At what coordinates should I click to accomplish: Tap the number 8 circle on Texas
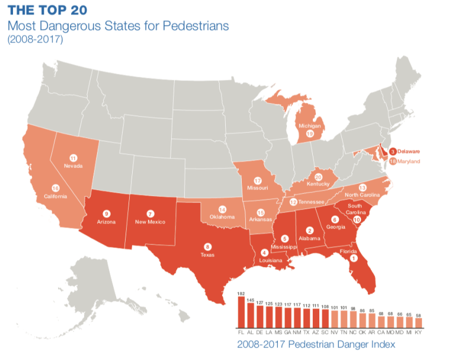(x=207, y=246)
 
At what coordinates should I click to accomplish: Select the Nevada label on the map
(x=73, y=166)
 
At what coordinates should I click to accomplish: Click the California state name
(x=56, y=196)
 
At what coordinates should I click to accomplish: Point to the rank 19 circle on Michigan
(x=310, y=134)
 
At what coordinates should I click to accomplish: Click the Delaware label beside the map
(x=409, y=152)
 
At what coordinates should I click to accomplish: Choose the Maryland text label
(x=408, y=161)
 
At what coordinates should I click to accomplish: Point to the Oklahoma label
(x=222, y=217)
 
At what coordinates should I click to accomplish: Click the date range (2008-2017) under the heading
(x=35, y=40)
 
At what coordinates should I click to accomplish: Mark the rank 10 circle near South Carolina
(x=357, y=219)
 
